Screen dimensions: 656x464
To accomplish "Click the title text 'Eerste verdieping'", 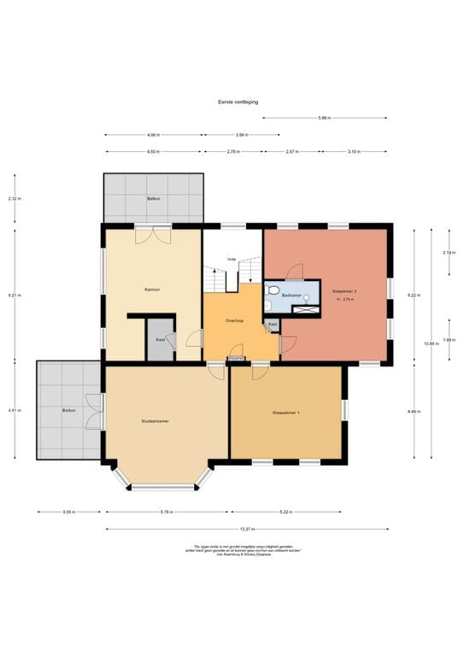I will pos(238,101).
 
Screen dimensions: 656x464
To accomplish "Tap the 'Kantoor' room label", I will pos(153,290).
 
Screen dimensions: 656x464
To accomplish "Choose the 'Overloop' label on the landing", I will pos(235,320).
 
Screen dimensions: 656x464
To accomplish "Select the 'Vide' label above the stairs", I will pos(231,259).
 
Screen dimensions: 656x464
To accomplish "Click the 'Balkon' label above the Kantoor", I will pos(153,198).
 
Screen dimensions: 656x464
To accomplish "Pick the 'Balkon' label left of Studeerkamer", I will pos(69,411).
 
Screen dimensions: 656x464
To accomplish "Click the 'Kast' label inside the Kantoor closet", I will pos(160,339).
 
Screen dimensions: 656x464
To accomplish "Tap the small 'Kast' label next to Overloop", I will pos(272,324).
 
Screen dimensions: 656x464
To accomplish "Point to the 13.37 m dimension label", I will pos(247,528).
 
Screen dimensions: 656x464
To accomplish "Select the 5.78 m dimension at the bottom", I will pos(167,512).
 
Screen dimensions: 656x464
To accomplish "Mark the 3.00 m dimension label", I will pos(69,512).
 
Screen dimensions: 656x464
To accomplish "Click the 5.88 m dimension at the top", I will pos(324,118).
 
